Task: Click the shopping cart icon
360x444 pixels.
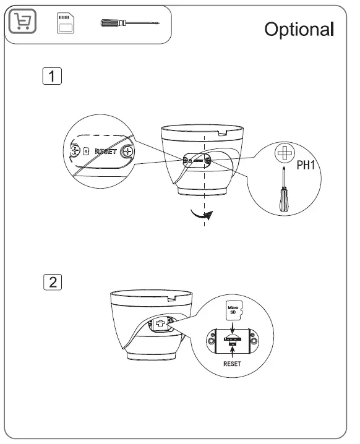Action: (x=23, y=23)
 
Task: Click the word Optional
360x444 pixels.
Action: (x=299, y=30)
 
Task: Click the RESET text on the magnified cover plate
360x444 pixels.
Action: (x=106, y=151)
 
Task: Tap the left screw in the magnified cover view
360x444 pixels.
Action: (x=74, y=150)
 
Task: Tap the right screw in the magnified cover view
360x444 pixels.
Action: (x=127, y=150)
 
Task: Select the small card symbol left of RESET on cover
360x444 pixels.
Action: (x=86, y=151)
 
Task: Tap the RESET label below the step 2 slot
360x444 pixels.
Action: (x=231, y=364)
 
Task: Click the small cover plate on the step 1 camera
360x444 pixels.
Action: (x=197, y=160)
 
